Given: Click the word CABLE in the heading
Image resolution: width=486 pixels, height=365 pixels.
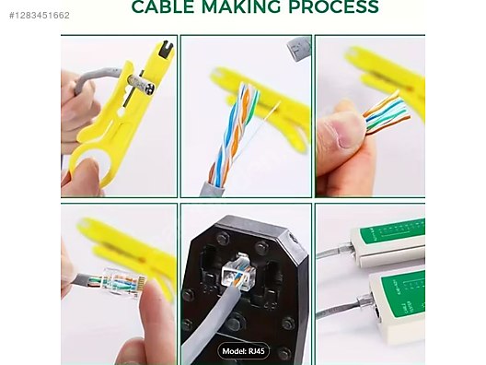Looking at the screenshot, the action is tap(163, 6).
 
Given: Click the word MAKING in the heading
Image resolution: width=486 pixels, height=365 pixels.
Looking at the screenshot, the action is tap(241, 6).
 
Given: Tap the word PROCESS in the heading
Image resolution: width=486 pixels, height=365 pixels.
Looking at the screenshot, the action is tap(333, 6).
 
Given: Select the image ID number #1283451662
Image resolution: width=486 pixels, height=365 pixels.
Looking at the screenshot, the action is tap(40, 15).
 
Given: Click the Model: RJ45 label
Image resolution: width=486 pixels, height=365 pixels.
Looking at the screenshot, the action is tap(243, 351).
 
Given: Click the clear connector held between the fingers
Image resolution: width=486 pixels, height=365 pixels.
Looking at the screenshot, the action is tap(123, 281).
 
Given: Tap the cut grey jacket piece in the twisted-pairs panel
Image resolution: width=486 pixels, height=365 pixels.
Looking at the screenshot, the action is tap(298, 49).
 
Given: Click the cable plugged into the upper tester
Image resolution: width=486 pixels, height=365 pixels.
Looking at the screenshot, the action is tap(334, 252).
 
